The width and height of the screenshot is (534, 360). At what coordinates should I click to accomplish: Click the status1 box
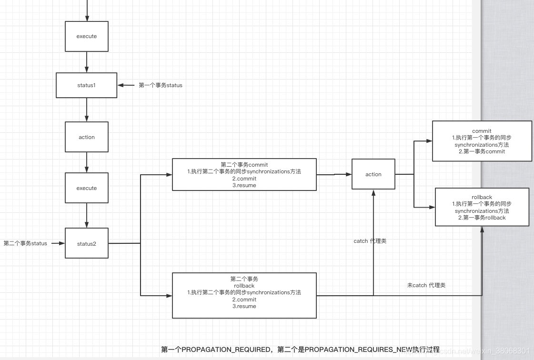pos(86,85)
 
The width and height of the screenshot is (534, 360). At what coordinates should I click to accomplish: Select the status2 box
pos(86,244)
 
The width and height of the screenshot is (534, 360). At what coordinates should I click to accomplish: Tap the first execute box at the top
pos(86,36)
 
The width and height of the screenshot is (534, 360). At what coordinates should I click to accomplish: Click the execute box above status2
pos(86,188)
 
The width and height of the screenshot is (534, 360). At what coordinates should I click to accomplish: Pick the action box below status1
pos(86,137)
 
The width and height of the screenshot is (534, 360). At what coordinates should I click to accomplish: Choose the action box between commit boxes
pos(373,174)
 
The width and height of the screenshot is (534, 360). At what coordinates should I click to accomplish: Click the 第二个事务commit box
pos(244,175)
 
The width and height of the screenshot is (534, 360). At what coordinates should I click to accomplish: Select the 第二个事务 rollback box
pos(244,295)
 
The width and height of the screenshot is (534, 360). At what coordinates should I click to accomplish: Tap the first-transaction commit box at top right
pos(482,141)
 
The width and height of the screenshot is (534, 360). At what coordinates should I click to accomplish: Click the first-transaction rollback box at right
pos(482,207)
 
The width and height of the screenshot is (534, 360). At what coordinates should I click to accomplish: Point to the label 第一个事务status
pos(161,85)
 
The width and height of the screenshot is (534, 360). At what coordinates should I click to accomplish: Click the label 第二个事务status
pos(25,243)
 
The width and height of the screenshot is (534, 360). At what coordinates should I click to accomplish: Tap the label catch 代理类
pos(370,241)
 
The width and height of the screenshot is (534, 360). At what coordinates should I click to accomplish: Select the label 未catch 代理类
pos(426,285)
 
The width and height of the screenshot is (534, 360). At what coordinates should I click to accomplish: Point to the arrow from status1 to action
pos(86,110)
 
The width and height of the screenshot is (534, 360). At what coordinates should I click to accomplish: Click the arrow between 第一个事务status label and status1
pos(127,85)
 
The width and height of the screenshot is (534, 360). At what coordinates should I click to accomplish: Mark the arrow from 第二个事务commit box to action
pos(333,174)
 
